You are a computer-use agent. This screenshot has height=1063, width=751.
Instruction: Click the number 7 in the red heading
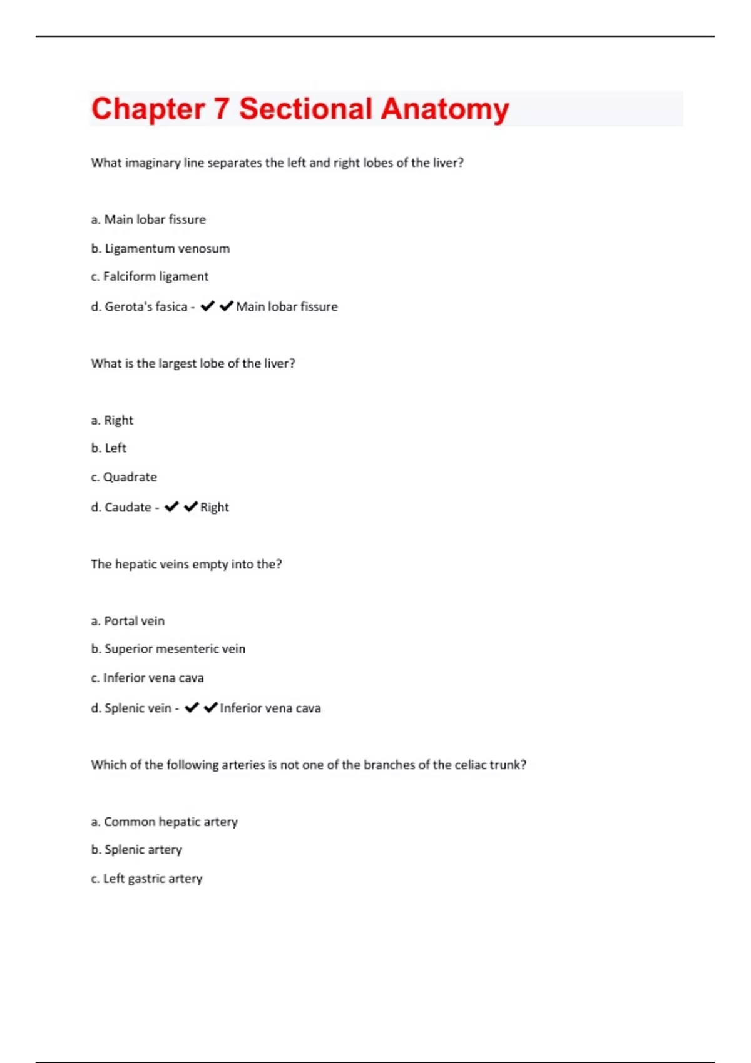221,109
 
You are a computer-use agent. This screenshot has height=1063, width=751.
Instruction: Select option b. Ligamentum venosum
160,249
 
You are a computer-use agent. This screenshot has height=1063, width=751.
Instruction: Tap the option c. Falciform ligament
150,276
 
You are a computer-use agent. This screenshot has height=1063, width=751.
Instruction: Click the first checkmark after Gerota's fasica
208,306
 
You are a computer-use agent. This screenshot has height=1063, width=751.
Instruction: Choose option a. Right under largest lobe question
112,420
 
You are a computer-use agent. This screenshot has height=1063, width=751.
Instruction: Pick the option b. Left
109,448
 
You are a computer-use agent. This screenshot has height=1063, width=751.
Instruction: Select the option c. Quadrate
124,477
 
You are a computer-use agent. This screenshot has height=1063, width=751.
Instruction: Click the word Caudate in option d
128,507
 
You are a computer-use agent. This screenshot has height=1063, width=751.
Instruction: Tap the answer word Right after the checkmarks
215,507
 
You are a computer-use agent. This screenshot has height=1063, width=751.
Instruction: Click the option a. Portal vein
128,621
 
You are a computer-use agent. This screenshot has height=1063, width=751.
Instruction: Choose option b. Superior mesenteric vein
168,649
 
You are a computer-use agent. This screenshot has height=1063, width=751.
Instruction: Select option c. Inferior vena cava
147,678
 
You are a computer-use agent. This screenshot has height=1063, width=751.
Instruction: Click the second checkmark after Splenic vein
211,707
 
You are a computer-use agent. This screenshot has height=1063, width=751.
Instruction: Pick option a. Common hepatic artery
164,822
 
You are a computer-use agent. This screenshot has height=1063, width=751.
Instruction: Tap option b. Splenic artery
136,850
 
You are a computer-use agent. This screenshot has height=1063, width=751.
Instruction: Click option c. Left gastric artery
146,879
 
